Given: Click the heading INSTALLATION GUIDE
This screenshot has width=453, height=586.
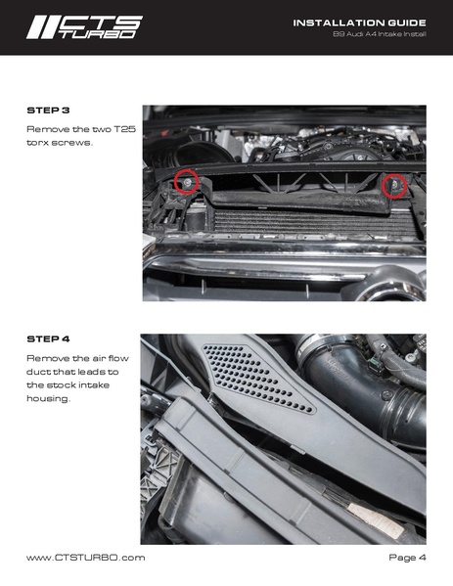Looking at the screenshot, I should [x=360, y=22].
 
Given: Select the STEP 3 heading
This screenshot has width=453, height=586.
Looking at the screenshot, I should [x=48, y=111].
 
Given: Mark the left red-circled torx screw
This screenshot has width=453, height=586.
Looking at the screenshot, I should [x=186, y=181].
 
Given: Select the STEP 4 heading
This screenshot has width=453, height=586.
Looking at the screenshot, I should [x=48, y=338].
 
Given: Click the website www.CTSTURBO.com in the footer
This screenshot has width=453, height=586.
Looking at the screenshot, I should [x=86, y=557].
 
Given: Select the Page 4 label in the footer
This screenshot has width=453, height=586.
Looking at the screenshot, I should [x=406, y=557].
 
